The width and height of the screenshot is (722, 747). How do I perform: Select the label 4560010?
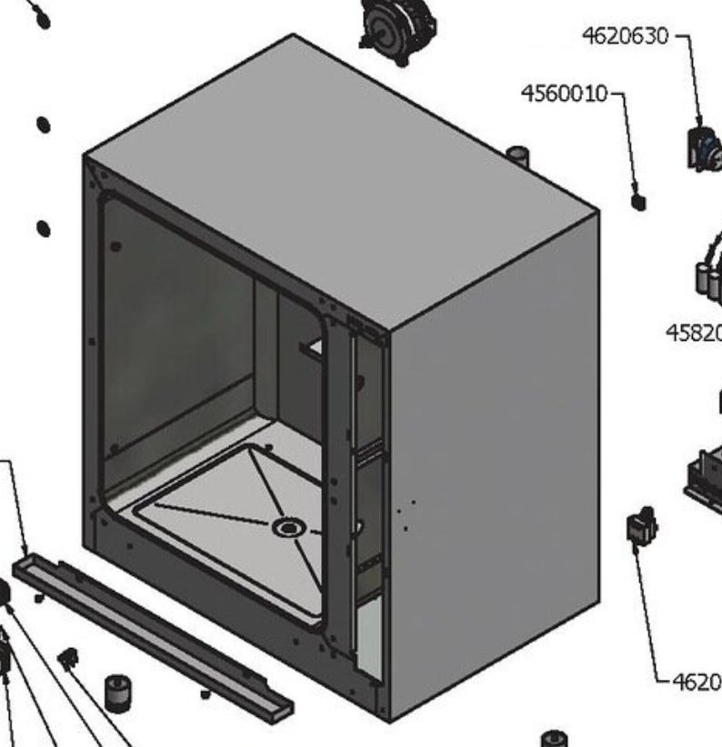(564, 94)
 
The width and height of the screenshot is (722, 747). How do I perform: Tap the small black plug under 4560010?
(638, 201)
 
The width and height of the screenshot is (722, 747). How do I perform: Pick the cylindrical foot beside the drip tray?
(115, 692)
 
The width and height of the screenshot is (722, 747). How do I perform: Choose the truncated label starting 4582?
(694, 334)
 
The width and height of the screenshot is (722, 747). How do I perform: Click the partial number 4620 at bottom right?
(696, 682)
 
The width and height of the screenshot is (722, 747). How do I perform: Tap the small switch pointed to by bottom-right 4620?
(641, 529)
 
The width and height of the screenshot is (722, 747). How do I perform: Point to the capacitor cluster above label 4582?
(708, 268)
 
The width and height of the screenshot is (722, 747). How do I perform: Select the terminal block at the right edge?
(704, 477)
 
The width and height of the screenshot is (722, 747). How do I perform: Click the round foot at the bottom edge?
(554, 737)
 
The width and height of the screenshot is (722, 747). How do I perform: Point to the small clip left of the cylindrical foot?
(68, 656)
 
